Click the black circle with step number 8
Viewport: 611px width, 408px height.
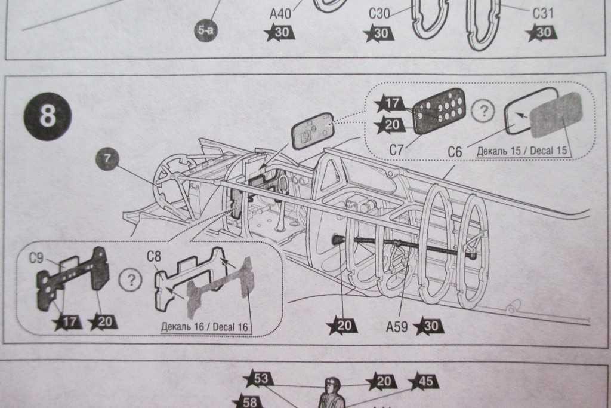(48, 116)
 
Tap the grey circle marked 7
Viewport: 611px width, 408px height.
(108, 159)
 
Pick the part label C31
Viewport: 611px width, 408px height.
(542, 12)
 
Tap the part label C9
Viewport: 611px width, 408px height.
(37, 258)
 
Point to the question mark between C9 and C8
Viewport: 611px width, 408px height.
(128, 280)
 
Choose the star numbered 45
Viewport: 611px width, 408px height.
(423, 381)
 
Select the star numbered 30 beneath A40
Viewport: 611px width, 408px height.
(281, 33)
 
